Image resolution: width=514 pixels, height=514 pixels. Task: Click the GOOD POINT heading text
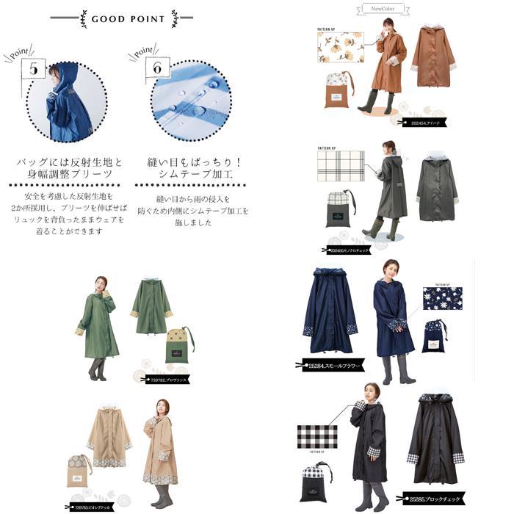click(128, 19)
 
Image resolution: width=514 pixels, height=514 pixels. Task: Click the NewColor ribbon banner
click(383, 9)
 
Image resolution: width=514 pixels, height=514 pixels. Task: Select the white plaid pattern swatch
click(340, 167)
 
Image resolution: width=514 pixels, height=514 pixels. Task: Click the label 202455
click(349, 249)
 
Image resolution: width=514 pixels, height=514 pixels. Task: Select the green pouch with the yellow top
click(178, 344)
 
